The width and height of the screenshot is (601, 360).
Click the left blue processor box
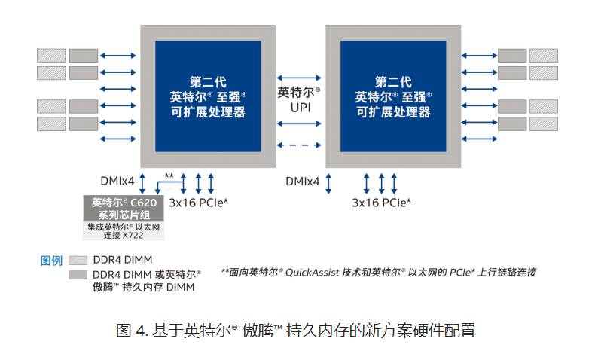208,96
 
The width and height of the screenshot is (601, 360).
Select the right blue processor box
392,96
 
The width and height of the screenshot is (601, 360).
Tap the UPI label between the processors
300,107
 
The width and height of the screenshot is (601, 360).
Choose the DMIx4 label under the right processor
302,182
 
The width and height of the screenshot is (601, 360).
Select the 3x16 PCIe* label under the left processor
198,203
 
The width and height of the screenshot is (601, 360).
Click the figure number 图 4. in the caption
133,330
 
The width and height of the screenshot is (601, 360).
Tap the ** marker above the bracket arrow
169,176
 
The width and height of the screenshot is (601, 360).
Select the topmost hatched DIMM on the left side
51,56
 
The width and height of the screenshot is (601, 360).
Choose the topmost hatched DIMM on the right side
545,56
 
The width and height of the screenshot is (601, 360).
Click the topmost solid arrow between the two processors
300,78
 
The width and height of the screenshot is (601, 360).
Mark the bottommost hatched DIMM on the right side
545,123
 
